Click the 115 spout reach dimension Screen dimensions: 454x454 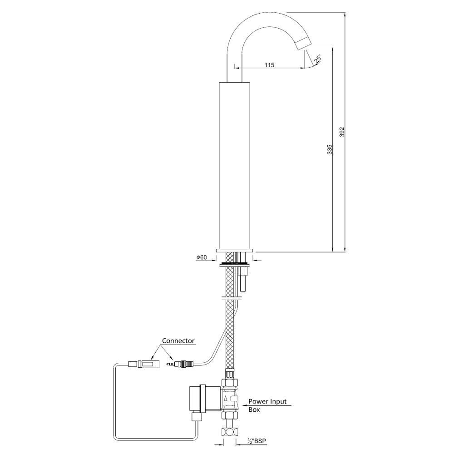click(269, 65)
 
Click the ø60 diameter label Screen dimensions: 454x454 click(202, 258)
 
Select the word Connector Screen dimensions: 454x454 click(179, 340)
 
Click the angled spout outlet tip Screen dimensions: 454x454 click(301, 44)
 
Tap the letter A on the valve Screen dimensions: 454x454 click(226, 398)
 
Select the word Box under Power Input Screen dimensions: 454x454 click(254, 409)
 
